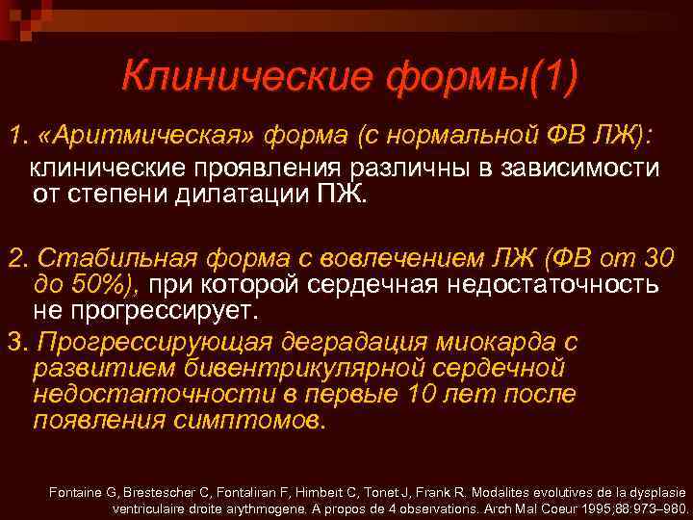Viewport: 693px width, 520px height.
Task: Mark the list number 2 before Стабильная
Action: [x=14, y=258]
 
